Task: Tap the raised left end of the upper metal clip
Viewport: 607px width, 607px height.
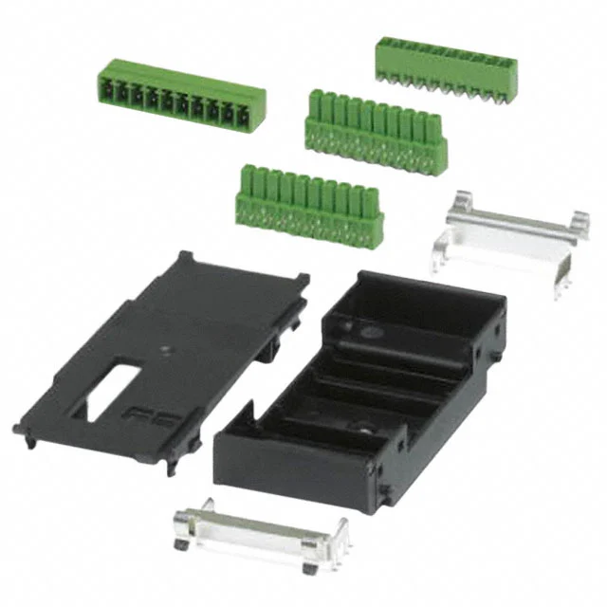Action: click(459, 201)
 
